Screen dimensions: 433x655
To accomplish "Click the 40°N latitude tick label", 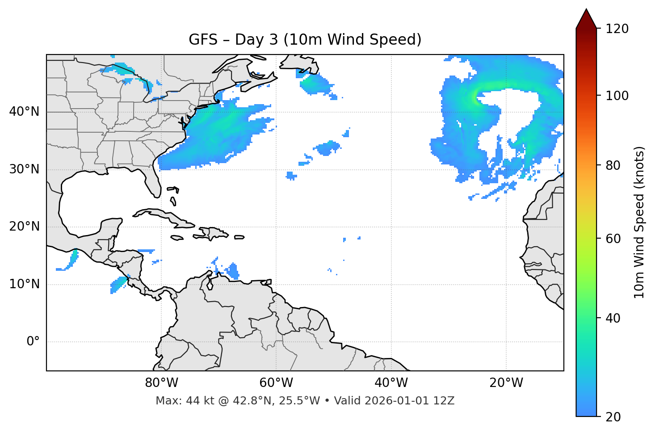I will [x=24, y=112].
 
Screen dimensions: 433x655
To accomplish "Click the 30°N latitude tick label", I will [x=24, y=169].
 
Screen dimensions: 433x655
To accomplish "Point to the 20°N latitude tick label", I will [x=24, y=227].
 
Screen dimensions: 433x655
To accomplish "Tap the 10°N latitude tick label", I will [x=24, y=284].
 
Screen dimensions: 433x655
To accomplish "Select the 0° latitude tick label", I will [x=33, y=342].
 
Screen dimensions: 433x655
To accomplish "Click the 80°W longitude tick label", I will [x=161, y=383].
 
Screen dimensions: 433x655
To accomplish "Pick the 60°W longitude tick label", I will [x=276, y=383].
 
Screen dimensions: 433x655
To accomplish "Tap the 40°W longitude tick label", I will [x=391, y=383].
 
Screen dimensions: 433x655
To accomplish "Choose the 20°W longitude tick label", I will [x=506, y=383].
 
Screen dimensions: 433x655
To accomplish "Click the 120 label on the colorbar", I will [x=617, y=29].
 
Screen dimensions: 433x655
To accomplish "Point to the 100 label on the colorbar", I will [x=617, y=96].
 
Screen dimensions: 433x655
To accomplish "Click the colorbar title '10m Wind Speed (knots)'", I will [x=639, y=223].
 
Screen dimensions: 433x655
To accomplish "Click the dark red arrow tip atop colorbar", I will [x=586, y=18].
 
